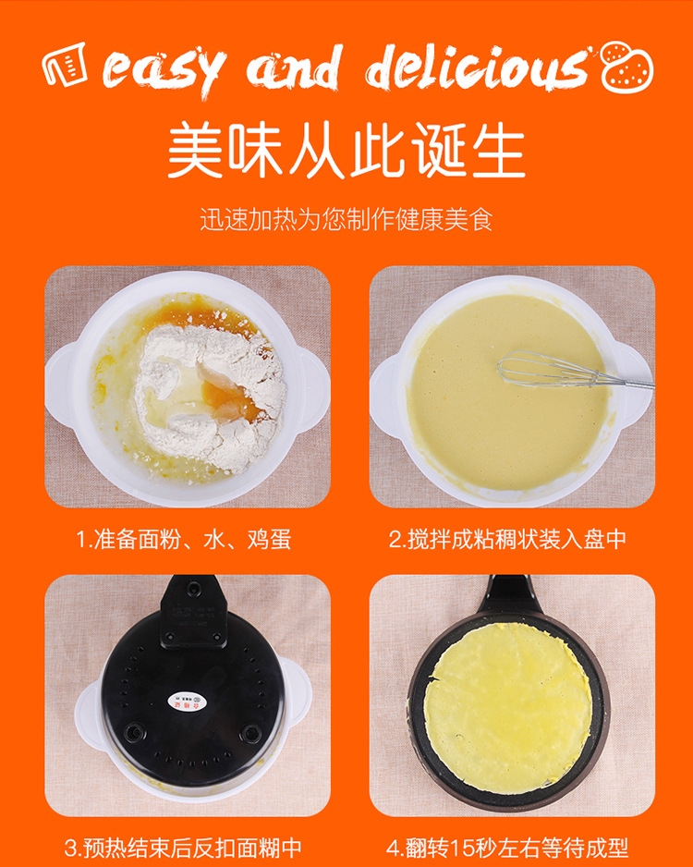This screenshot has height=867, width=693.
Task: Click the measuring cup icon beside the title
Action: pyautogui.click(x=65, y=64)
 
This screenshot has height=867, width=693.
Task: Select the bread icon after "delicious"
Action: pyautogui.click(x=627, y=67)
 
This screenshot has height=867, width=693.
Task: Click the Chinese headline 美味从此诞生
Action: pyautogui.click(x=346, y=150)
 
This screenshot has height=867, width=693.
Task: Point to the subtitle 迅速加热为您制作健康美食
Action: pyautogui.click(x=346, y=219)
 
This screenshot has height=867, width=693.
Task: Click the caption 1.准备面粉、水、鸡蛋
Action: pyautogui.click(x=184, y=539)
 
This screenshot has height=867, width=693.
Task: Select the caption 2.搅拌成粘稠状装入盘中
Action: pyautogui.click(x=507, y=539)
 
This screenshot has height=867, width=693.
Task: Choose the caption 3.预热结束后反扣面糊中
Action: pyautogui.click(x=183, y=848)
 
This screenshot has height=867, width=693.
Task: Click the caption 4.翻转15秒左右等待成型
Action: pyautogui.click(x=507, y=848)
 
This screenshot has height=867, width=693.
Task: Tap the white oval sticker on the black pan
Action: pyautogui.click(x=187, y=702)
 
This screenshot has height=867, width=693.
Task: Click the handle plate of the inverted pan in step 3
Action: pyautogui.click(x=193, y=611)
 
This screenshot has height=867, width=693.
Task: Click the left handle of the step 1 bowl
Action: pyautogui.click(x=58, y=385)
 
